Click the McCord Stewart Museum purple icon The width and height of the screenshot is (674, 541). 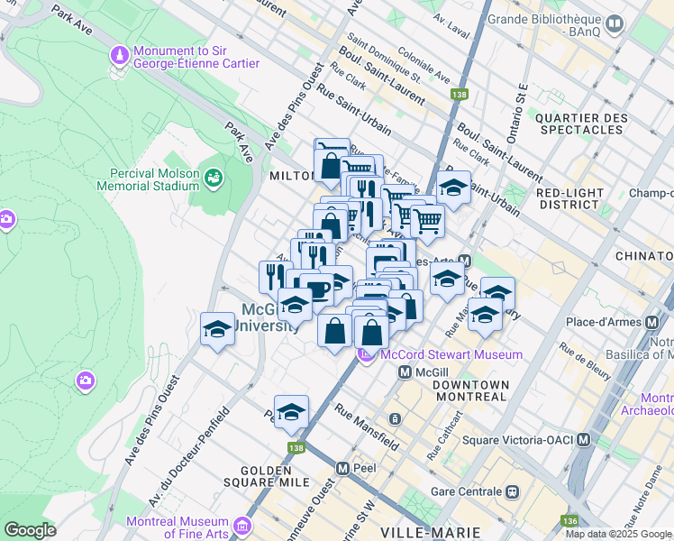pyautogui.click(x=366, y=355)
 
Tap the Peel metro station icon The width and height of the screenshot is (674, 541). pyautogui.click(x=342, y=469)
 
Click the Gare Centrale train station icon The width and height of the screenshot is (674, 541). pyautogui.click(x=513, y=492)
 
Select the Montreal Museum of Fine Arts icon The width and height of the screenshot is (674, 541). pyautogui.click(x=241, y=525)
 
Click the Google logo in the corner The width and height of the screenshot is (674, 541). pyautogui.click(x=30, y=529)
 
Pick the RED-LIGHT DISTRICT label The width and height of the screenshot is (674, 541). pyautogui.click(x=574, y=199)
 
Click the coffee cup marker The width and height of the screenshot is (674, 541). pyautogui.click(x=316, y=289)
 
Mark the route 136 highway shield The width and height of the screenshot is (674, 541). pyautogui.click(x=568, y=521)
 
